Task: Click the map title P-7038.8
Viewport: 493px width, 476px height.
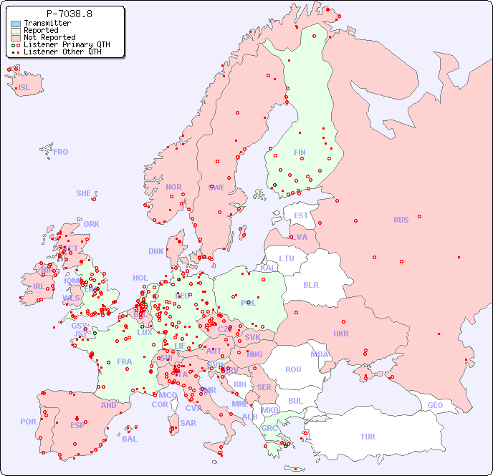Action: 69,13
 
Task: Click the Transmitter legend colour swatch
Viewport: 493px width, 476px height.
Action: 16,24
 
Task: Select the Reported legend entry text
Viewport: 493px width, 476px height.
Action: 41,31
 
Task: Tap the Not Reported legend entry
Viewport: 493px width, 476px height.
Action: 49,38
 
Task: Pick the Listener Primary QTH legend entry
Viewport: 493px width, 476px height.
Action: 67,44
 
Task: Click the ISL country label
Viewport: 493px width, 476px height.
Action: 24,88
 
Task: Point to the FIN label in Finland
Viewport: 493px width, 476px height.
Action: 300,152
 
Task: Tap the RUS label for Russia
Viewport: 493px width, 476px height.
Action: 401,220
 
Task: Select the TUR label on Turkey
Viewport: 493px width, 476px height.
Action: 368,437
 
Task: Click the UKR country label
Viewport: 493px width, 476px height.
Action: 341,334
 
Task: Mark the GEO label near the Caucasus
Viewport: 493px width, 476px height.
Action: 435,405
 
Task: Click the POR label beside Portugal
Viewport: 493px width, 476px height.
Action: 28,422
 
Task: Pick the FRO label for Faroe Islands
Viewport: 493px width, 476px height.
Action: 61,152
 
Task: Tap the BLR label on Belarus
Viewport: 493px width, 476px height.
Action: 310,284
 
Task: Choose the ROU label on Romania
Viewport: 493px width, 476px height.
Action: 293,369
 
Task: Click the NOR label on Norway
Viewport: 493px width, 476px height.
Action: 173,187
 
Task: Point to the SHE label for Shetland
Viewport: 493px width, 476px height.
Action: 84,193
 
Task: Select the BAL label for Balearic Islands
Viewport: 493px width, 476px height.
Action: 130,439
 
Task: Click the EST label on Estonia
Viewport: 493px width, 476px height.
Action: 301,215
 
